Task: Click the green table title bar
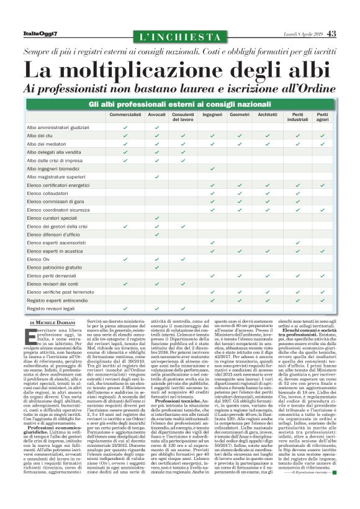pos(181,103)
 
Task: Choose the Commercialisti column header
pos(125,115)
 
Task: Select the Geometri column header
pos(240,115)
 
